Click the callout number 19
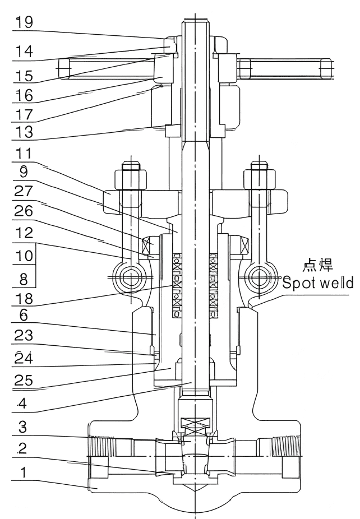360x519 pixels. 24,22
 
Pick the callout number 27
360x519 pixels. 24,192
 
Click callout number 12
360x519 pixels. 24,231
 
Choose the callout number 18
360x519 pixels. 24,296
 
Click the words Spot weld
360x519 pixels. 317,283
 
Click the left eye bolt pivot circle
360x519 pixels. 133,277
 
